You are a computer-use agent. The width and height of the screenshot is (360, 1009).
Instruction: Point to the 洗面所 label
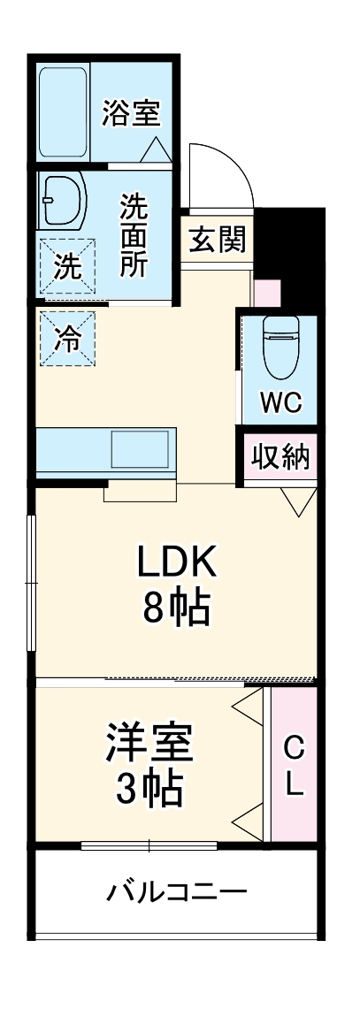tap(134, 235)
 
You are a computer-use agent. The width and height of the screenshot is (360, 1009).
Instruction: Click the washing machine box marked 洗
tap(67, 264)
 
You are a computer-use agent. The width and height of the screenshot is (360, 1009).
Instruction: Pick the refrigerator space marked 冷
tap(67, 337)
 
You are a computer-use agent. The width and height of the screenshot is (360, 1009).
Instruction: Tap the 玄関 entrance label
tap(216, 238)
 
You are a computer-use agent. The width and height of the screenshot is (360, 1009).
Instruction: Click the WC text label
tap(280, 402)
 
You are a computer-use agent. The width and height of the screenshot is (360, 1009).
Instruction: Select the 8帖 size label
tap(177, 609)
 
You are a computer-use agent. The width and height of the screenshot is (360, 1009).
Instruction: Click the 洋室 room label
tap(149, 741)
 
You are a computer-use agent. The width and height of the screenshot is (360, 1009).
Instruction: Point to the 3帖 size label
tap(149, 788)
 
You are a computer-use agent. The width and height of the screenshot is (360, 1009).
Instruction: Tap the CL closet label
tap(294, 766)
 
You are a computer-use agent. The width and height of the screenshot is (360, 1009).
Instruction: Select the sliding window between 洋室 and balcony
tap(149, 845)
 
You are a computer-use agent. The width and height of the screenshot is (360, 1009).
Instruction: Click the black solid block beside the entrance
tap(292, 252)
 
